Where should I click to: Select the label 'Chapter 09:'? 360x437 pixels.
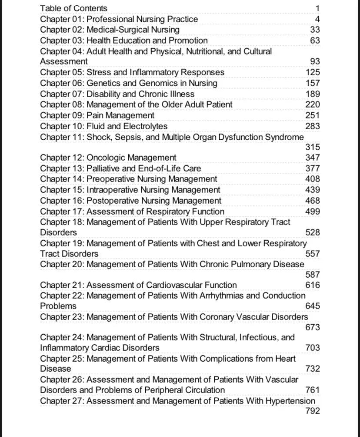tap(62, 115)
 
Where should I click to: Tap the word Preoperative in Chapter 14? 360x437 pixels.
tap(110, 179)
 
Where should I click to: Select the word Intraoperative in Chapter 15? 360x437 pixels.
tap(112, 190)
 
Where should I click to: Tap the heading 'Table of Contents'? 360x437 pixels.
tap(73, 8)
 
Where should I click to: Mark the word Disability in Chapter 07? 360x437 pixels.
tap(103, 94)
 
